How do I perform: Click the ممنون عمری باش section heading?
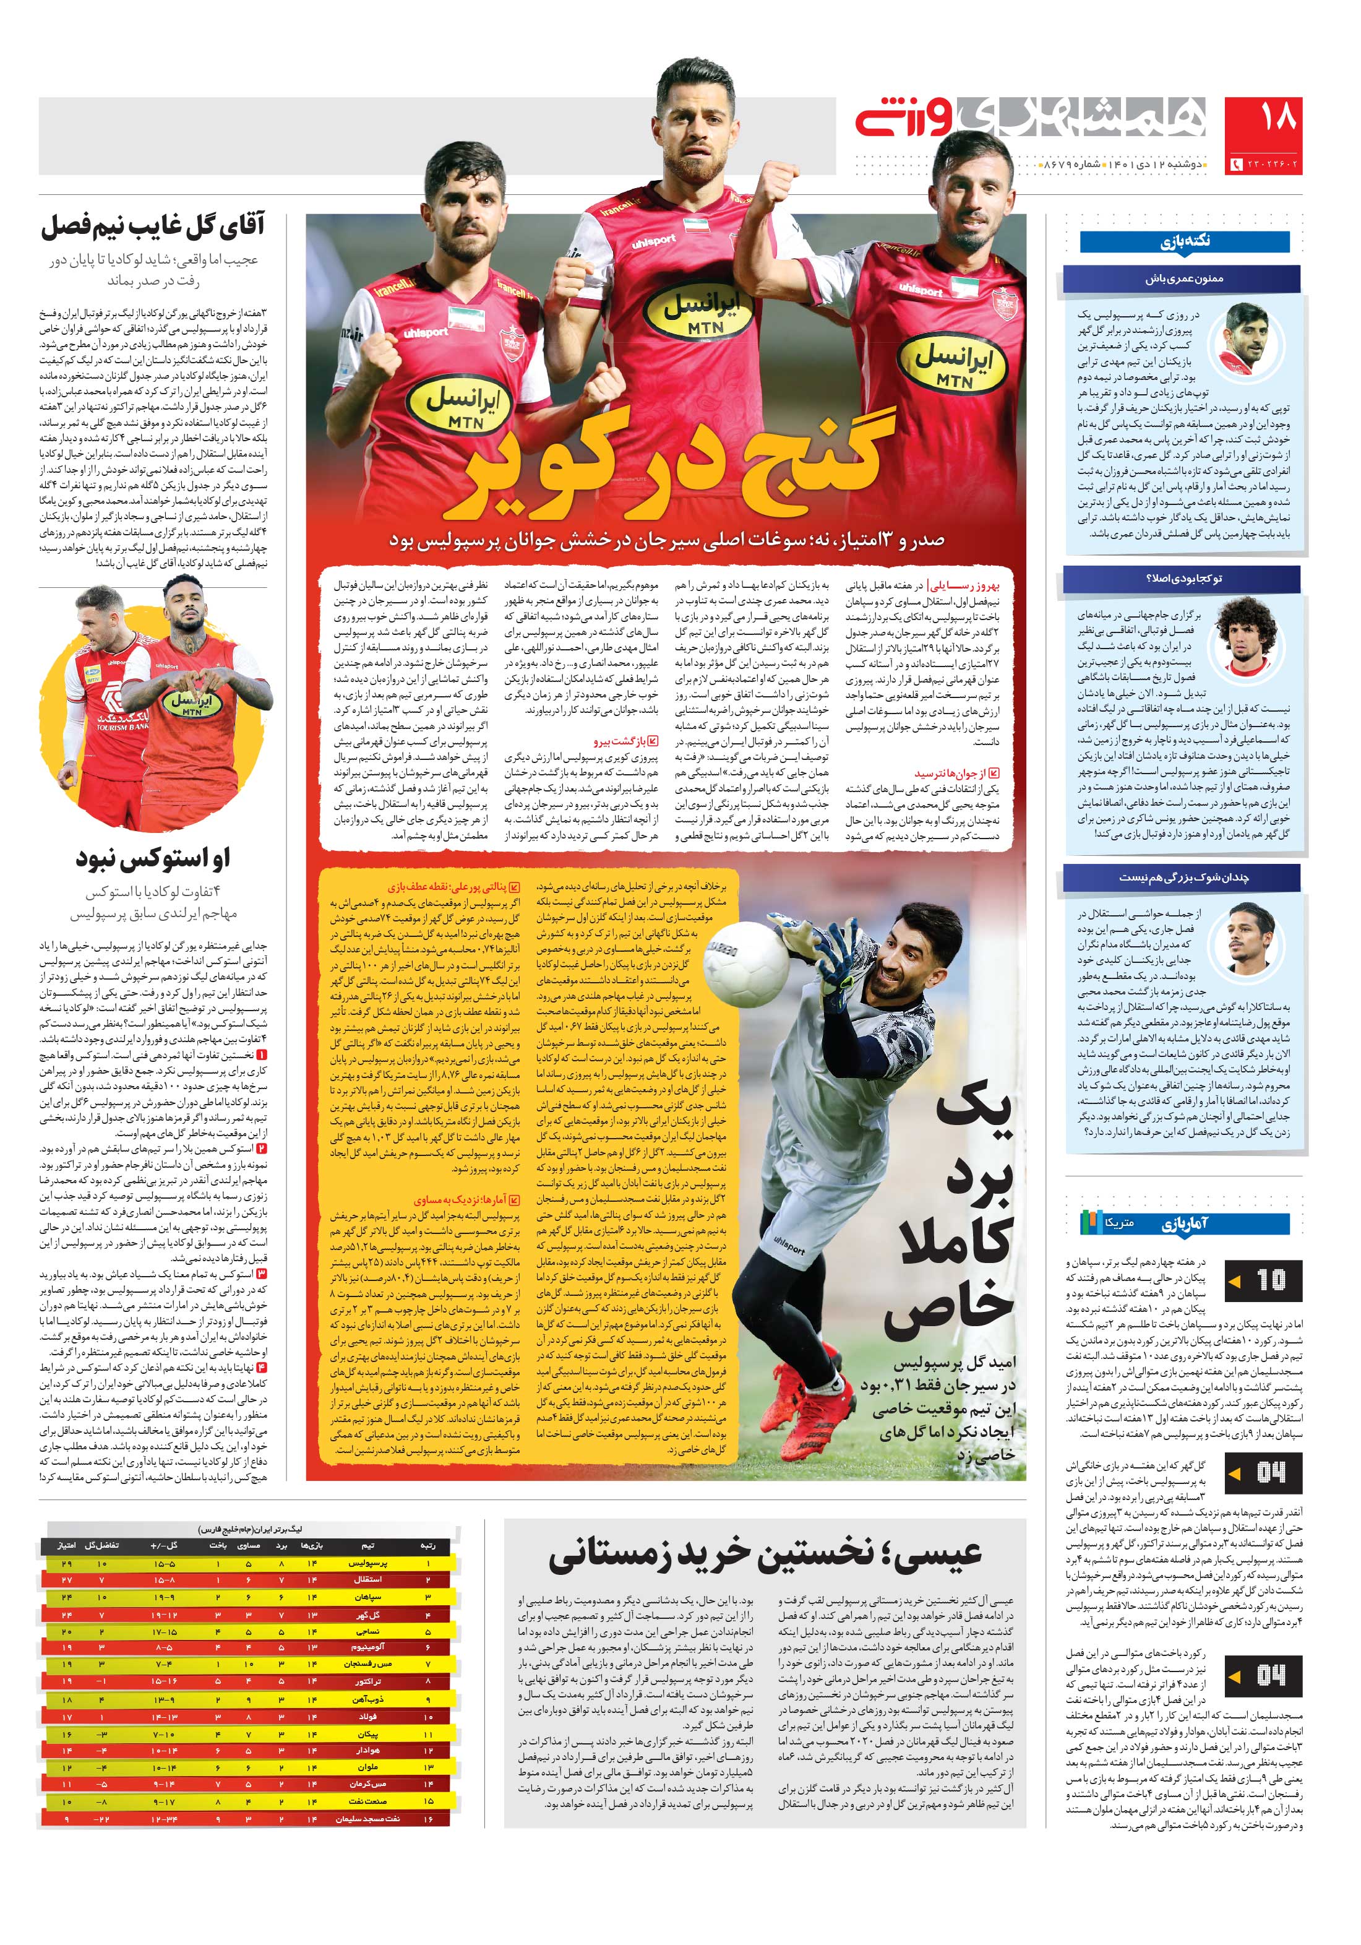point(1184,278)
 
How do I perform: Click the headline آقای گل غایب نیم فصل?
point(152,226)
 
